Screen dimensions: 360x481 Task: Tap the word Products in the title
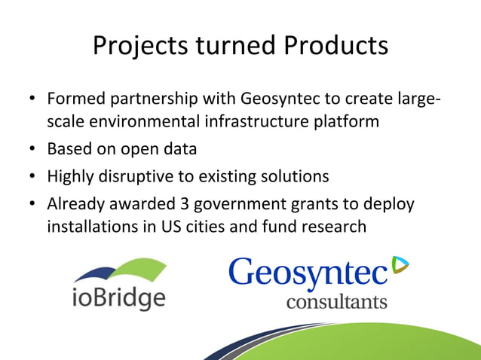[336, 47]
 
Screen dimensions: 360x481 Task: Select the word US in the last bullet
[178, 227]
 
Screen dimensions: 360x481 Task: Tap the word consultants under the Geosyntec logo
[336, 302]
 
